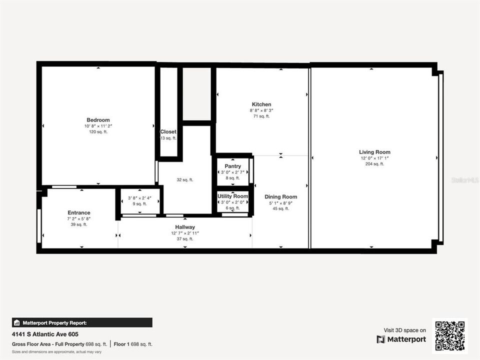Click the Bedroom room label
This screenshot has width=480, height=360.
pyautogui.click(x=98, y=120)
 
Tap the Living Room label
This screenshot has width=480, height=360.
pyautogui.click(x=374, y=152)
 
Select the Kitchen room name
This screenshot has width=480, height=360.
pyautogui.click(x=261, y=104)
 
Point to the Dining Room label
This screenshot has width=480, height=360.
pyautogui.click(x=280, y=197)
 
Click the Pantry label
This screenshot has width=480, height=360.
pyautogui.click(x=233, y=166)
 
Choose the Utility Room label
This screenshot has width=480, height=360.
pyautogui.click(x=232, y=196)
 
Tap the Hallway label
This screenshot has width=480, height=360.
pyautogui.click(x=184, y=227)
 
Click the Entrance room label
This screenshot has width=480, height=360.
pyautogui.click(x=78, y=212)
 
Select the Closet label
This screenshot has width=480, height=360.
pyautogui.click(x=168, y=132)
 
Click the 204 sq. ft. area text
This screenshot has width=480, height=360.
pyautogui.click(x=374, y=164)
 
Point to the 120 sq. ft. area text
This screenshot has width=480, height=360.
pyautogui.click(x=98, y=132)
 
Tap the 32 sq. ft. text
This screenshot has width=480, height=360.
pyautogui.click(x=184, y=180)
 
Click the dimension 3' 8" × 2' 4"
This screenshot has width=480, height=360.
pyautogui.click(x=139, y=198)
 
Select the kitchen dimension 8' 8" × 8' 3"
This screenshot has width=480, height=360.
pyautogui.click(x=261, y=110)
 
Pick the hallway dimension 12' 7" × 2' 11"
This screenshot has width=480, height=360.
pyautogui.click(x=184, y=233)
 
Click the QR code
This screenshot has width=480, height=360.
pyautogui.click(x=450, y=336)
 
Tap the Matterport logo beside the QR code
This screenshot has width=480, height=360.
pyautogui.click(x=401, y=339)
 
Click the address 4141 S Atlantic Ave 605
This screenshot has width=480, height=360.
pyautogui.click(x=45, y=334)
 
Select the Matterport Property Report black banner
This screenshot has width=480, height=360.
pyautogui.click(x=82, y=322)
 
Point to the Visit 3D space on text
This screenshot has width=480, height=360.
pyautogui.click(x=404, y=330)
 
